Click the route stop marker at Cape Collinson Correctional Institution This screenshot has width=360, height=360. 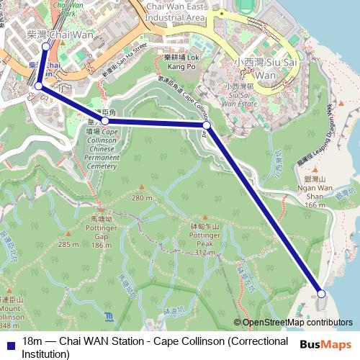tap(321, 294)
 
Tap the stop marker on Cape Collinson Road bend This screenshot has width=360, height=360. tap(207, 125)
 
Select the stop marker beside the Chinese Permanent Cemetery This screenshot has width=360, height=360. tap(105, 122)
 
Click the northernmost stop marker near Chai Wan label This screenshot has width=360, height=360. tap(45, 46)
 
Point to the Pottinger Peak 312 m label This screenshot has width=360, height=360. tap(205, 239)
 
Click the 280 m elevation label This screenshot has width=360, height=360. tap(142, 197)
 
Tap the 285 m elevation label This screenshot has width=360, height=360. tap(68, 245)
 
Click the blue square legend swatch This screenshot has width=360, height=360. tap(10, 341)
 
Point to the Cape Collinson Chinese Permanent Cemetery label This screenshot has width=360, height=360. tap(101, 149)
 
